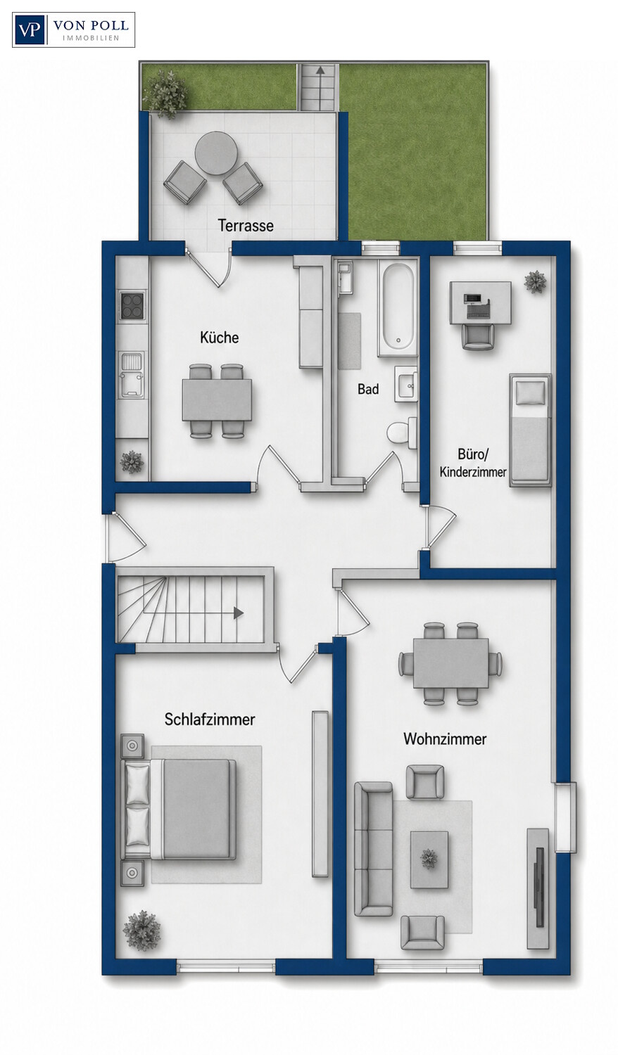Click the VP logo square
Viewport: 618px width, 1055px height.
(x=30, y=30)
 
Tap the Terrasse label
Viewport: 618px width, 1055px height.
(x=246, y=226)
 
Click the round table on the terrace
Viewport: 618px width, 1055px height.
(x=217, y=153)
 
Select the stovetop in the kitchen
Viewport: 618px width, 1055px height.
(x=132, y=306)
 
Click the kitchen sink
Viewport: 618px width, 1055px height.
(x=132, y=374)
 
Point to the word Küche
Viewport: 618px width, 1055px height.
(x=219, y=338)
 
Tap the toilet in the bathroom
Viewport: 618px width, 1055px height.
(x=401, y=431)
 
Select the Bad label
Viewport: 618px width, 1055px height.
(x=368, y=389)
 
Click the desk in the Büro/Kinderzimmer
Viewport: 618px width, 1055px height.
(x=480, y=303)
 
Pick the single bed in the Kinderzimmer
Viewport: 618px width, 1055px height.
(x=530, y=430)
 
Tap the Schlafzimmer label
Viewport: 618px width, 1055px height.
(x=210, y=720)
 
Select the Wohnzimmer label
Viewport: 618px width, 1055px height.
(x=445, y=738)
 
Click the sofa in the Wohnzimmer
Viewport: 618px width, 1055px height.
(x=373, y=849)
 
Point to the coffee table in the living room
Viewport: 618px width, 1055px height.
(x=429, y=859)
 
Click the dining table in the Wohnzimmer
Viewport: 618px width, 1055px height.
(x=450, y=663)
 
